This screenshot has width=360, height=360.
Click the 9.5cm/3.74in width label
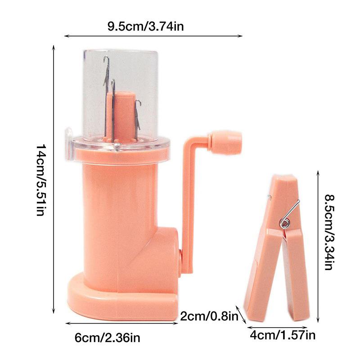(145, 26)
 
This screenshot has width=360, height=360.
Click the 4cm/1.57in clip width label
(282, 335)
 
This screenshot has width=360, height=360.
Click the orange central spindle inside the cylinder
(121, 115)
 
